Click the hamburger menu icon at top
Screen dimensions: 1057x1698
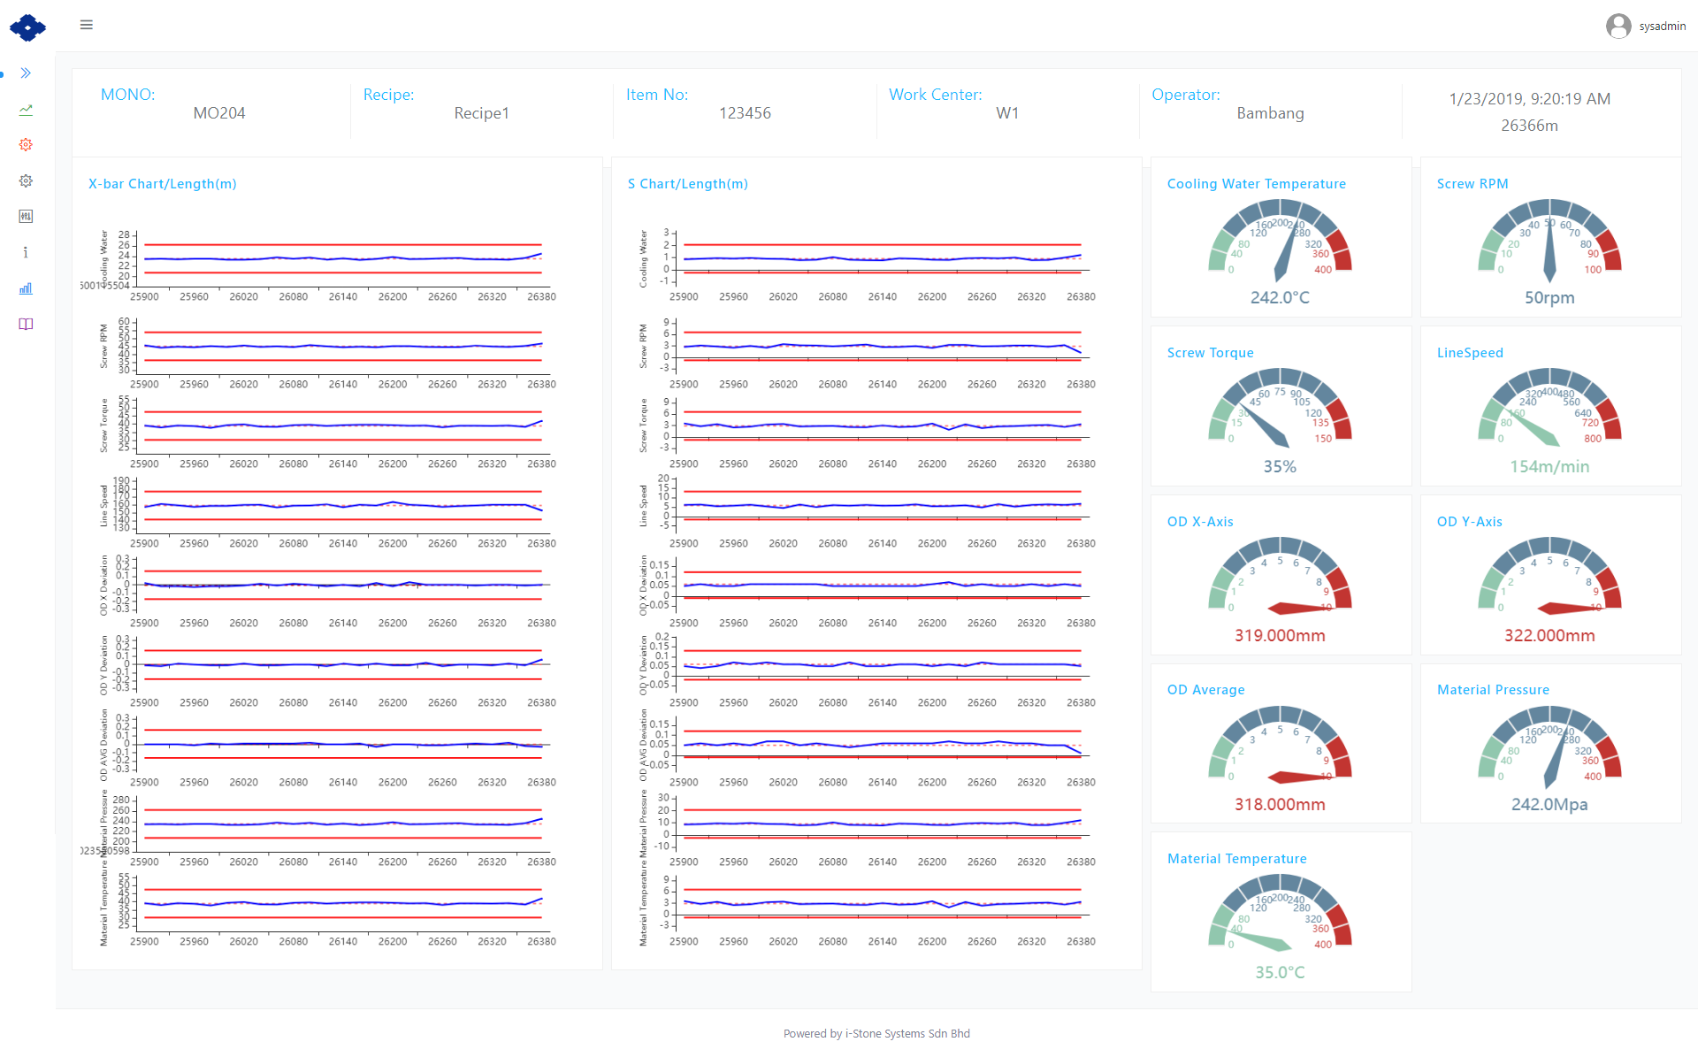[87, 25]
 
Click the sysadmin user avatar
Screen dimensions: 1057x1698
[1618, 27]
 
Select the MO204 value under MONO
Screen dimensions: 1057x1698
[219, 113]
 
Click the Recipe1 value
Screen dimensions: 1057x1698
[481, 113]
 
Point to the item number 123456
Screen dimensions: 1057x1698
[745, 113]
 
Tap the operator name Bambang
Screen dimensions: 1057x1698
[1270, 113]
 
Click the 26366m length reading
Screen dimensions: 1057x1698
[1529, 126]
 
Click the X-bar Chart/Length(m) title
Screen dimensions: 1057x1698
[163, 184]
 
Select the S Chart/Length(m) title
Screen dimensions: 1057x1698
[688, 184]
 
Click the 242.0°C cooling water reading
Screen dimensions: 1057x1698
[1280, 298]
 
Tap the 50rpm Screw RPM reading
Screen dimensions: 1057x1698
[1549, 298]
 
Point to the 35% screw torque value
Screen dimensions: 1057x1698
[1280, 467]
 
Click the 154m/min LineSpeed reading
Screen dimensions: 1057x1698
[1549, 467]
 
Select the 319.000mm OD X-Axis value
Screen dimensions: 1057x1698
[1280, 636]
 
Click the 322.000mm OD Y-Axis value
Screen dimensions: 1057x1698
[1549, 636]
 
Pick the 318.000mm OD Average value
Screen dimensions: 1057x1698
[1280, 805]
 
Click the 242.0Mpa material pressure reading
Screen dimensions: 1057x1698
[1549, 805]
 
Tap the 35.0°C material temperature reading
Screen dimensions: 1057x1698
[1280, 973]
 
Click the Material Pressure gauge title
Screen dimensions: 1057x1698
[1493, 690]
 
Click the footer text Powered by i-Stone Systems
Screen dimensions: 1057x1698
[876, 1034]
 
